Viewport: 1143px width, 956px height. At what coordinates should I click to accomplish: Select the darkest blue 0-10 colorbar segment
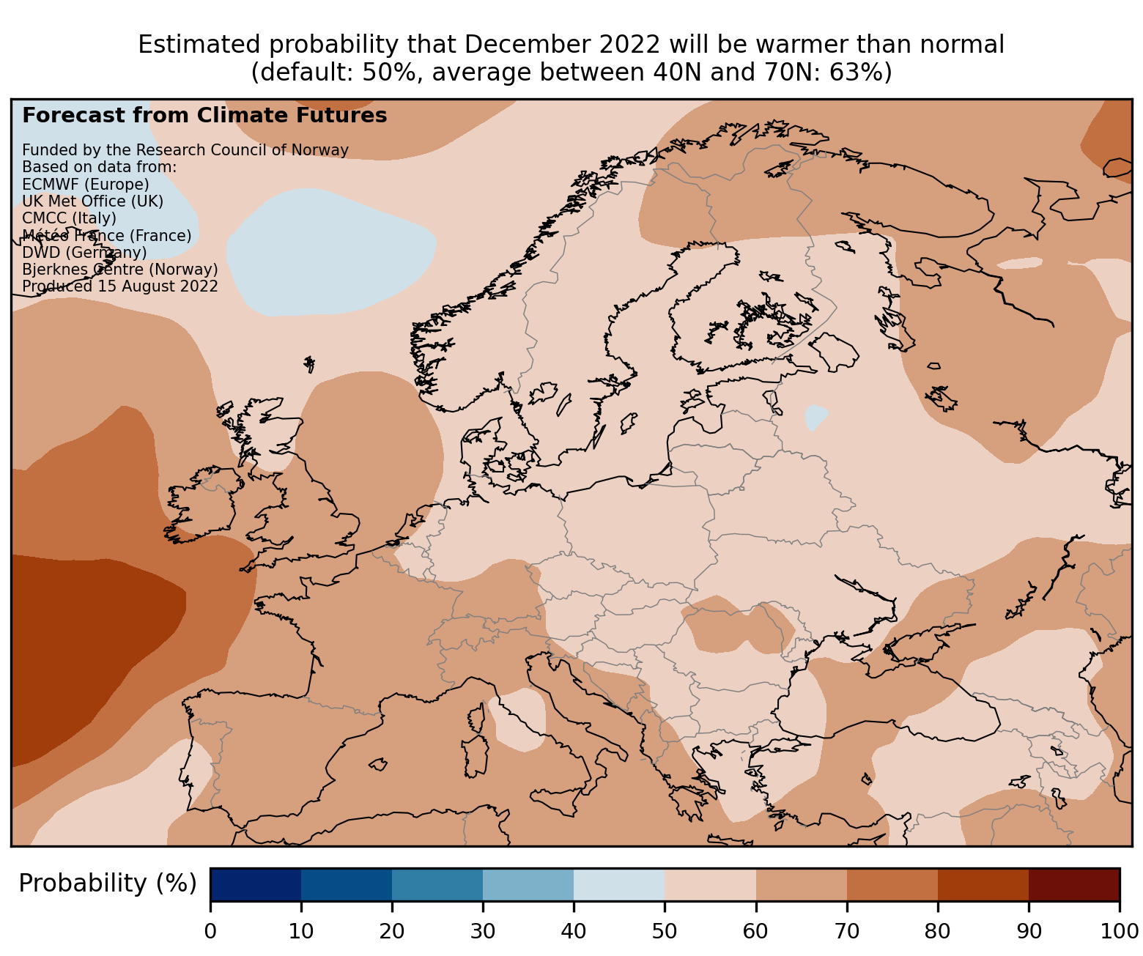coord(256,884)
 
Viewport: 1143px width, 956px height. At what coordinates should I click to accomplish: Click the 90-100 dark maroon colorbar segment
coord(1073,884)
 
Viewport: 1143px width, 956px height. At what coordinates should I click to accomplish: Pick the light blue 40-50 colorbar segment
coord(619,884)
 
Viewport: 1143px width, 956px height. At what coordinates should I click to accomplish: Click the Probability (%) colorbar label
coord(108,884)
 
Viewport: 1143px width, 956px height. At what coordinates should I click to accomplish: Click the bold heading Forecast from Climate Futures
coord(204,116)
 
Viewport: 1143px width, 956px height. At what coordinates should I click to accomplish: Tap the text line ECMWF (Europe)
coord(86,184)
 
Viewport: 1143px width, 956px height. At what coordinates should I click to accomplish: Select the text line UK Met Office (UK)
coord(93,201)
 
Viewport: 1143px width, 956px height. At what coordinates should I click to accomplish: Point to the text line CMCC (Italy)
coord(70,218)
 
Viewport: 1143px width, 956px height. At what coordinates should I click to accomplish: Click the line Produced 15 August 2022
coord(120,286)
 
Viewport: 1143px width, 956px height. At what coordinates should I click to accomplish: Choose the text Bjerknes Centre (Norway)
coord(120,270)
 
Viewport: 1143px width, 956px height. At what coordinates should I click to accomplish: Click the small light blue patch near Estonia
coord(815,418)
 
